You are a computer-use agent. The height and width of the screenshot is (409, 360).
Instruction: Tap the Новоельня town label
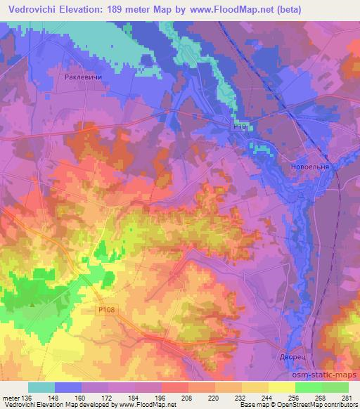[310, 167]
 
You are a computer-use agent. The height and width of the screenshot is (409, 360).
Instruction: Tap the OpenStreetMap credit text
[328, 405]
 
